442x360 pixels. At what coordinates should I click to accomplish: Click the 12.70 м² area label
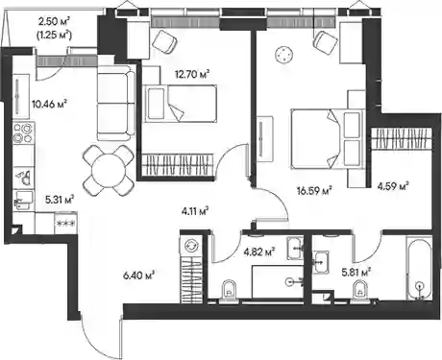pyautogui.click(x=192, y=75)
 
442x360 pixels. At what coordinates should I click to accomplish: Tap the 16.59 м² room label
pyautogui.click(x=314, y=191)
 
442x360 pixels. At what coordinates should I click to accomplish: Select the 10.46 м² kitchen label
pyautogui.click(x=49, y=104)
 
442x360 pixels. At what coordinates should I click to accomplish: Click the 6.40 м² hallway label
pyautogui.click(x=139, y=275)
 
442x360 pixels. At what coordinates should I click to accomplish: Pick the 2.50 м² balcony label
pyautogui.click(x=54, y=22)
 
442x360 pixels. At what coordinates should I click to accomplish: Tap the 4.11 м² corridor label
pyautogui.click(x=195, y=211)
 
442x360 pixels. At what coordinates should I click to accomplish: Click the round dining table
pyautogui.click(x=109, y=170)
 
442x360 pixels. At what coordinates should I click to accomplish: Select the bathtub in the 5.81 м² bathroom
pyautogui.click(x=418, y=268)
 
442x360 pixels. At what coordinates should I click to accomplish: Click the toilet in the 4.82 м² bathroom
pyautogui.click(x=229, y=291)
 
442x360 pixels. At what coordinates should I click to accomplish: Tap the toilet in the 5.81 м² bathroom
pyautogui.click(x=359, y=292)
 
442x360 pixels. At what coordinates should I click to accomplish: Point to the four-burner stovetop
pyautogui.click(x=23, y=133)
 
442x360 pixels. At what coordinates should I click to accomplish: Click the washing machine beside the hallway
pyautogui.click(x=191, y=246)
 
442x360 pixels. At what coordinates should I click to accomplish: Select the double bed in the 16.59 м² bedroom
pyautogui.click(x=328, y=138)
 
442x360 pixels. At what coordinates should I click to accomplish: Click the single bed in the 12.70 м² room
pyautogui.click(x=180, y=104)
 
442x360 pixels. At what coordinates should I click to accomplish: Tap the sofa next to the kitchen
pyautogui.click(x=116, y=103)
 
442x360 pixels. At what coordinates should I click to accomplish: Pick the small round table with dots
pyautogui.click(x=283, y=54)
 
